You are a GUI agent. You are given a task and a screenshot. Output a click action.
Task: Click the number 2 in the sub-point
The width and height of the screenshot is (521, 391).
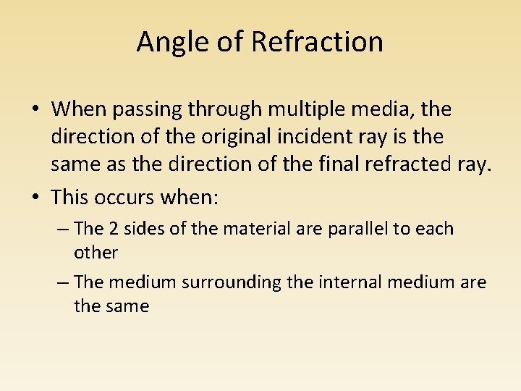(x=114, y=229)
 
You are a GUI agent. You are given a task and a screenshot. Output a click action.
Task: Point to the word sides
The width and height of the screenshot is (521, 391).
(x=140, y=229)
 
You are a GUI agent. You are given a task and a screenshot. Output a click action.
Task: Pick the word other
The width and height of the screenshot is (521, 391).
(x=96, y=253)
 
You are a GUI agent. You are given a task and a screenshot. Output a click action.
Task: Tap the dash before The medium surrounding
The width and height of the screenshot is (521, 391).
(x=62, y=282)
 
